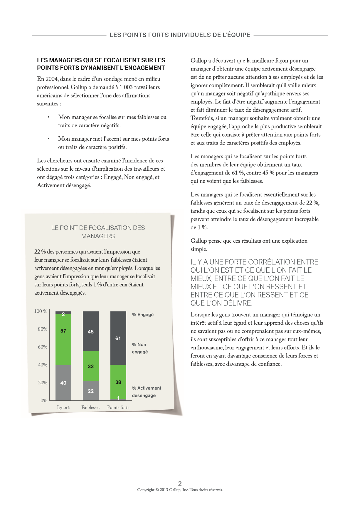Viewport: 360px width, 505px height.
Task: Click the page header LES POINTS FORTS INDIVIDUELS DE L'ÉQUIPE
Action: coord(180,35)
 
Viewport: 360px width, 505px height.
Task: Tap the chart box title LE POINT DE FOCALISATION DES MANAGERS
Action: coord(98,232)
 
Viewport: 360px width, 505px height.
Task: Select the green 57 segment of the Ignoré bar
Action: coord(63,339)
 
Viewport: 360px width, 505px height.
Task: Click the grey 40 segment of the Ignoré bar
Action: coord(63,383)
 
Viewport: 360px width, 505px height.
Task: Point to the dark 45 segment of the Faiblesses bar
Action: coord(91,331)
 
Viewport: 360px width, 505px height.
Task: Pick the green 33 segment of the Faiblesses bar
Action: coord(91,366)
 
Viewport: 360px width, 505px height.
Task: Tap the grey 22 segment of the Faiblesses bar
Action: coord(91,391)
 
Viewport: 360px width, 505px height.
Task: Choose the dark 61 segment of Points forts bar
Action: coord(118,338)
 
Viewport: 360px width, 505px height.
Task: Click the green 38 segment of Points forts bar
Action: coord(118,382)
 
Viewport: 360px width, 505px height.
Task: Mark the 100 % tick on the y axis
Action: coord(41,311)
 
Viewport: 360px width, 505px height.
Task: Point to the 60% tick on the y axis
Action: coord(43,347)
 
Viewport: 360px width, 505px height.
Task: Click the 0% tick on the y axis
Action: coord(44,400)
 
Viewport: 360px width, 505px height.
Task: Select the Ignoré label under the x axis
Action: coord(63,407)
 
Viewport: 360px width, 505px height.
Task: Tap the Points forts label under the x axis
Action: coord(118,407)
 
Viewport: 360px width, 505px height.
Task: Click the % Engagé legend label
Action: coord(143,315)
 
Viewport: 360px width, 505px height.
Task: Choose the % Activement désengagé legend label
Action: coord(147,392)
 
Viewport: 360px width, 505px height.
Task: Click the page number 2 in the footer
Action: coord(180,483)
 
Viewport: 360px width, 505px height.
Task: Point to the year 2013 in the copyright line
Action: coord(164,490)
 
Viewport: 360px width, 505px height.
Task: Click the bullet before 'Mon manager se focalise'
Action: coord(48,117)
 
